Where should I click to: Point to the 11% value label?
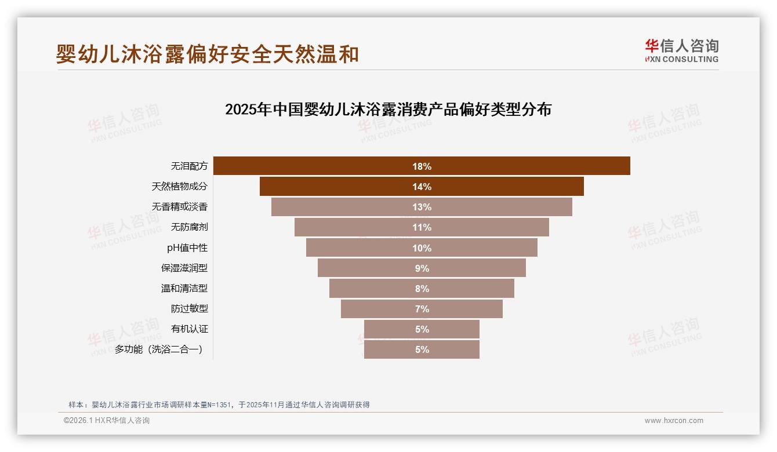tap(422, 228)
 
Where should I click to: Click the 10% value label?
tap(422, 248)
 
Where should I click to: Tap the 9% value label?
tap(422, 268)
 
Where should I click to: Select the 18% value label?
tap(422, 166)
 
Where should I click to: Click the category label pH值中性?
tap(187, 248)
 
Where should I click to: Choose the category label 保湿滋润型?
tap(184, 268)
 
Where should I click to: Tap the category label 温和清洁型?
tap(184, 289)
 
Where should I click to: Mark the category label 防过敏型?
tap(189, 309)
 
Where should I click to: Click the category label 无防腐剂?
tap(189, 227)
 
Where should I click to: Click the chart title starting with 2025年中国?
tap(388, 110)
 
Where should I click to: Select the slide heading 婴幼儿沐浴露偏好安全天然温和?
tap(208, 54)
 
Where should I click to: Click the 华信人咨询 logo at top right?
tap(681, 51)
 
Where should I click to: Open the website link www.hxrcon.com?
tap(674, 421)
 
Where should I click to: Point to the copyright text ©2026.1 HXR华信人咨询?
tap(107, 421)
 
